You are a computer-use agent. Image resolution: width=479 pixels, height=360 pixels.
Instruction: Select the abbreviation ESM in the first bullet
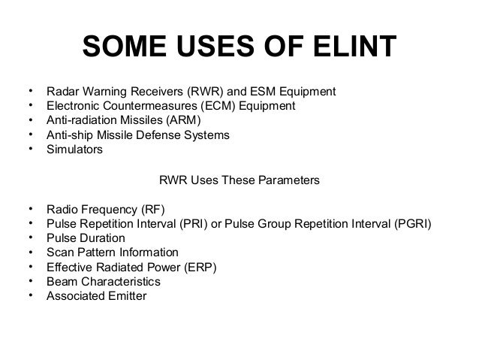coord(257,92)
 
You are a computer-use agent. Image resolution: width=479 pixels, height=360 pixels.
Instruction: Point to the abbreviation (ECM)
coord(218,106)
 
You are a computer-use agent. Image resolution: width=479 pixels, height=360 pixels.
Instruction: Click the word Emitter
coord(125,295)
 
